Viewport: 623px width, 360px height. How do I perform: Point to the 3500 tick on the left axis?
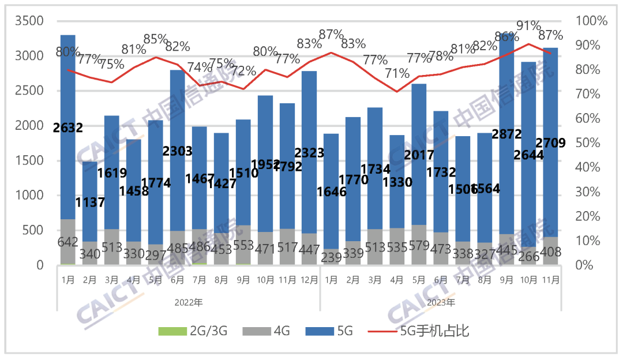(32, 21)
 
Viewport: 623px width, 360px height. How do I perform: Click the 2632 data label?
(68, 127)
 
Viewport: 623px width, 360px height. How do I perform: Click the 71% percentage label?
(397, 73)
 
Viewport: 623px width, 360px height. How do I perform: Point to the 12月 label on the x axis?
(309, 280)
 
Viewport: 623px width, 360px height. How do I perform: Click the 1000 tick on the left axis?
(32, 196)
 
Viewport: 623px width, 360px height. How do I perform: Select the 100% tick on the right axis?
(591, 21)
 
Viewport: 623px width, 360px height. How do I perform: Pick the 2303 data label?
(178, 151)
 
